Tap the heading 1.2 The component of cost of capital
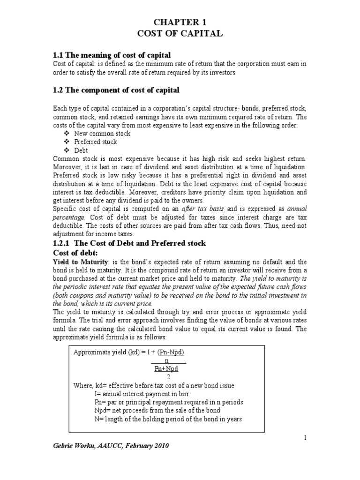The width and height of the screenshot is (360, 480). (116, 90)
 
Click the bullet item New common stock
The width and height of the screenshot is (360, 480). (109, 134)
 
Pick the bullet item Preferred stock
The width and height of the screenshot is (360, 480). (102, 142)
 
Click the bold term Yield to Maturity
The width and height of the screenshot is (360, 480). (80, 262)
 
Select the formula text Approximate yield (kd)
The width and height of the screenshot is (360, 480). (104, 352)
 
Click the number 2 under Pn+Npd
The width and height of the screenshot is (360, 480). (167, 376)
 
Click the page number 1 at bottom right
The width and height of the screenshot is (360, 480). (305, 437)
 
